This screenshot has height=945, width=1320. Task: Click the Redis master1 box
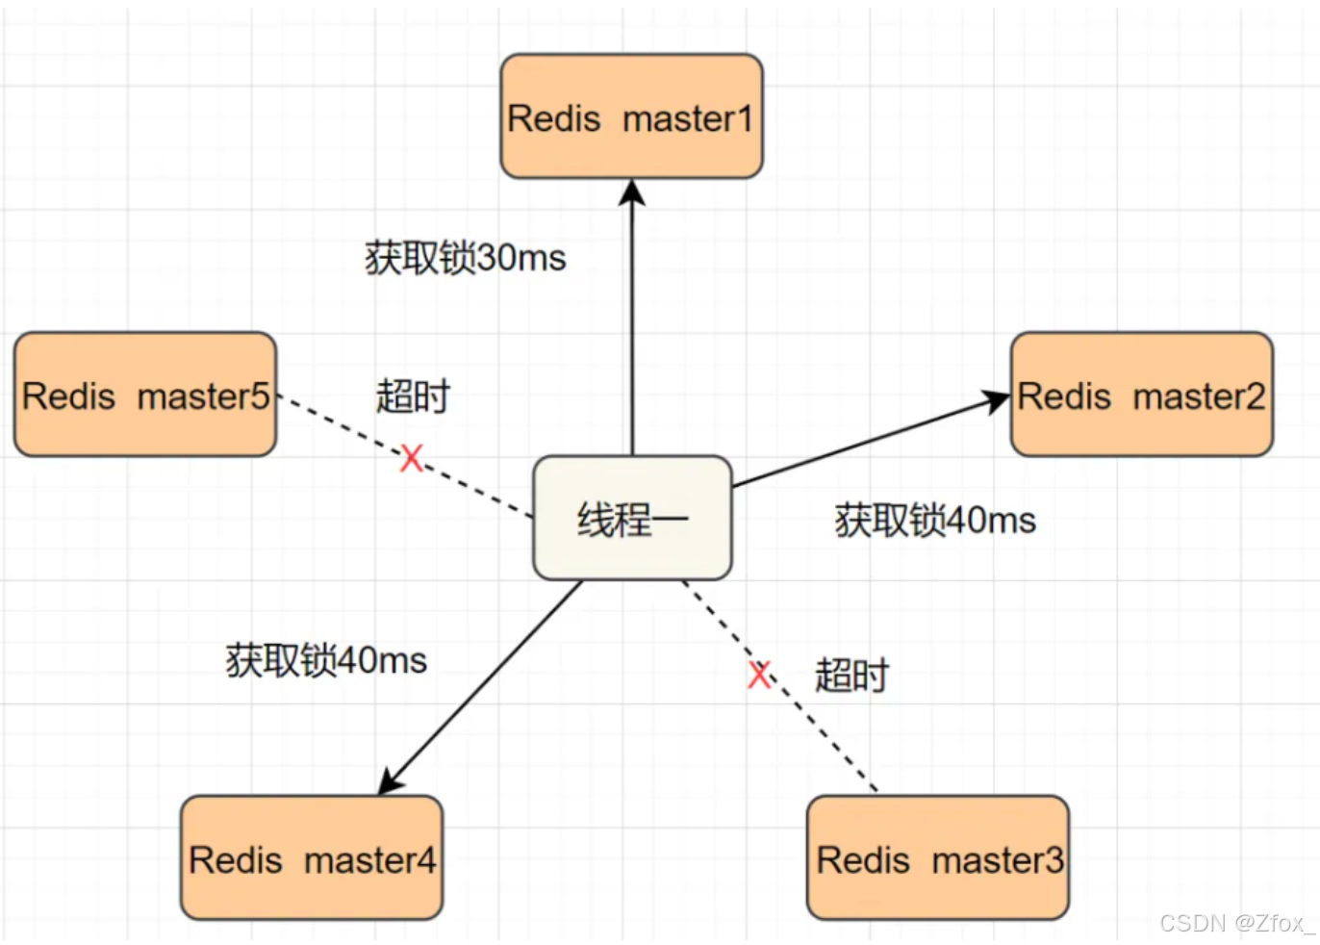(x=632, y=116)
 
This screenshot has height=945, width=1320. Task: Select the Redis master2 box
(x=1142, y=394)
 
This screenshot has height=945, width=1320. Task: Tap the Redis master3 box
(x=938, y=857)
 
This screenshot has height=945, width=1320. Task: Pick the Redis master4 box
(x=312, y=857)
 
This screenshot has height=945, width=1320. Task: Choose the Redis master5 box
(x=145, y=394)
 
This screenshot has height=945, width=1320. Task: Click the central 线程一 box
(x=633, y=518)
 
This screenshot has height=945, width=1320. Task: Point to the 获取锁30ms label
(x=466, y=258)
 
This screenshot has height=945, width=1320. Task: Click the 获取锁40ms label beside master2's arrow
(x=935, y=521)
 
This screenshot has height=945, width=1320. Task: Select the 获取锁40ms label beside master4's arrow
(x=326, y=660)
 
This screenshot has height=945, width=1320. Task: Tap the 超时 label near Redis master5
(x=413, y=396)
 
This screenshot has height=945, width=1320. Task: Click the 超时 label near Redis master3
(x=851, y=675)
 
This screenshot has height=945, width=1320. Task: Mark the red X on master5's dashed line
(x=412, y=458)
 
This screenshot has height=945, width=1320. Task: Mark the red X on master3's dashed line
(x=759, y=675)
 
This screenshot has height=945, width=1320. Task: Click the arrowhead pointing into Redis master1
(x=632, y=192)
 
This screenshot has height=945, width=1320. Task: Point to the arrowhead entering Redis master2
(x=996, y=401)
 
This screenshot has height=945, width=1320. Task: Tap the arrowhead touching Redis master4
(x=390, y=781)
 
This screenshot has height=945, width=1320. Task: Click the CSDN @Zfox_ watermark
(x=1237, y=923)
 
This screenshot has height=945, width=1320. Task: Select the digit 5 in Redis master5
(x=260, y=396)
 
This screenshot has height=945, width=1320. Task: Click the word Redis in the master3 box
(x=863, y=860)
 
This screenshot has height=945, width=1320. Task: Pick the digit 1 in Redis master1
(x=745, y=118)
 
